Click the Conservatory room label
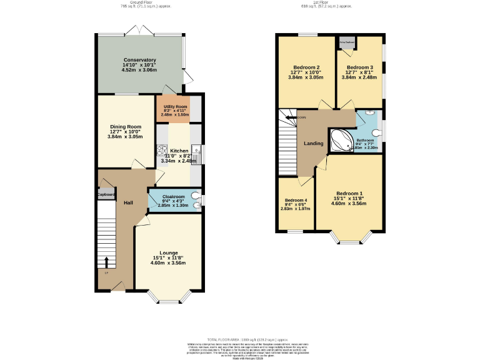tap(139, 59)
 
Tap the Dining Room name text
tap(126, 126)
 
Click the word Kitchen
tap(179, 151)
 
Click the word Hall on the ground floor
tap(128, 203)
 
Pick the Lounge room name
tap(169, 252)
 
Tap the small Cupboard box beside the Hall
tap(106, 194)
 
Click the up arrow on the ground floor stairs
tap(106, 262)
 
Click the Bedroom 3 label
tap(360, 67)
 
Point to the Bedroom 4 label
tap(296, 200)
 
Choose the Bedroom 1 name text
tap(349, 193)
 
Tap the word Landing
tap(314, 144)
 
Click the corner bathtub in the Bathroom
tap(341, 142)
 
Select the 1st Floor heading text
tap(326, 2)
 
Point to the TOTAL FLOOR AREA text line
tap(239, 337)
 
